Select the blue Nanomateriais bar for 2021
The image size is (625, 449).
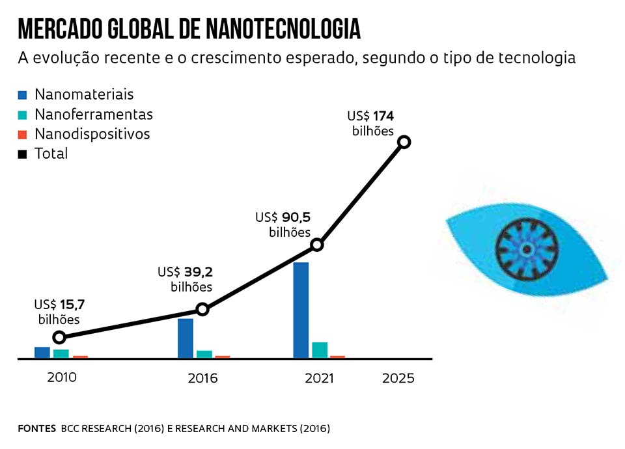click(x=301, y=310)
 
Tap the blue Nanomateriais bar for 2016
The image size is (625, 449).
click(x=186, y=338)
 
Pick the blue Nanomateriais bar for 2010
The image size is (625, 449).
click(x=42, y=352)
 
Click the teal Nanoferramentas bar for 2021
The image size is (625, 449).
click(x=320, y=349)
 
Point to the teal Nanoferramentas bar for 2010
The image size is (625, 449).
click(x=61, y=353)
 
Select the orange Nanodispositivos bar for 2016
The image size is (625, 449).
click(x=223, y=357)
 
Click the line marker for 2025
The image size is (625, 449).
click(x=404, y=142)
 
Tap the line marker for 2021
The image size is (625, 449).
click(x=317, y=245)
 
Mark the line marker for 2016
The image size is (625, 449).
click(x=202, y=309)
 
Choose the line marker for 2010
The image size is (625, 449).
click(x=59, y=337)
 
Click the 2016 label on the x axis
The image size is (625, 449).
click(x=202, y=378)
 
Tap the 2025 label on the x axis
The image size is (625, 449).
click(x=398, y=378)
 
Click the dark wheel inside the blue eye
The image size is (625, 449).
click(x=526, y=249)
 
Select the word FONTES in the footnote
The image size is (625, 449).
click(x=36, y=428)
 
